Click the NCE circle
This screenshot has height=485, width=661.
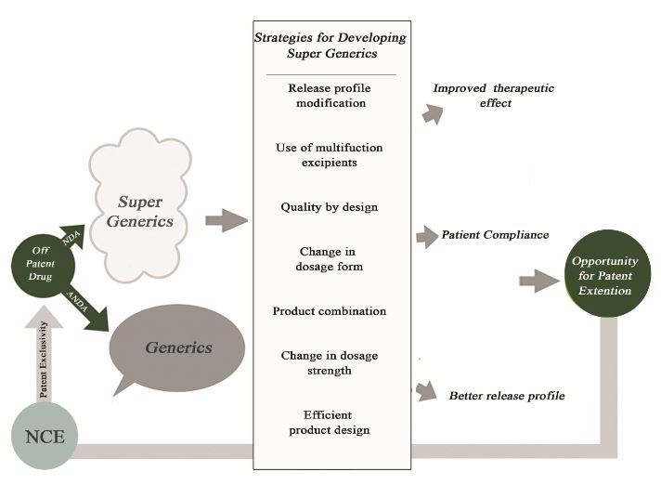(45, 435)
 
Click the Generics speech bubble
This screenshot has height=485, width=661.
(177, 348)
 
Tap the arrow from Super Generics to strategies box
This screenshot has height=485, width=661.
(227, 221)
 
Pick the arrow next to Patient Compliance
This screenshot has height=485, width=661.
(427, 236)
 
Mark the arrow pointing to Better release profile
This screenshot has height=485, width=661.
(426, 390)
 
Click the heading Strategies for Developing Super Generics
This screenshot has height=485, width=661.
(330, 45)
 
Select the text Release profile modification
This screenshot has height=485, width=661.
(330, 96)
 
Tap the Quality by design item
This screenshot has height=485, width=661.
(330, 207)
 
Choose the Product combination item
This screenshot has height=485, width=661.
(330, 310)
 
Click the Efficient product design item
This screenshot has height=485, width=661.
(330, 422)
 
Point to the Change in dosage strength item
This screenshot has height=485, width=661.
(330, 363)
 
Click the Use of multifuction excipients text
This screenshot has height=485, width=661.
(330, 155)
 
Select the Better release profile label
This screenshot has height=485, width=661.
(507, 396)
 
